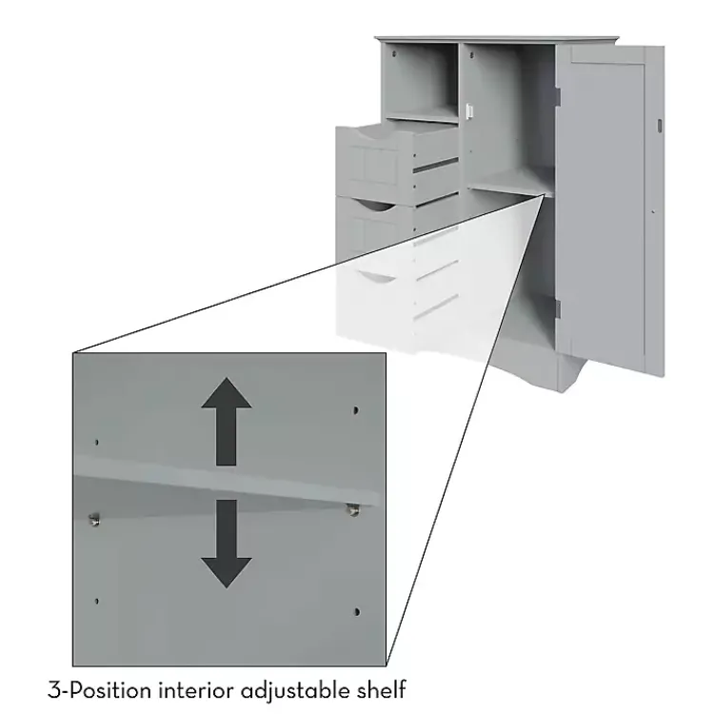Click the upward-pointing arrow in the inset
227,419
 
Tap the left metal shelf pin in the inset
94,518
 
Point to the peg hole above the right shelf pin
356,410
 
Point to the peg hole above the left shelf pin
95,443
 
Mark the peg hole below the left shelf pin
96,601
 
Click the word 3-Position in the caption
92,688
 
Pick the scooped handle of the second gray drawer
373,205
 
